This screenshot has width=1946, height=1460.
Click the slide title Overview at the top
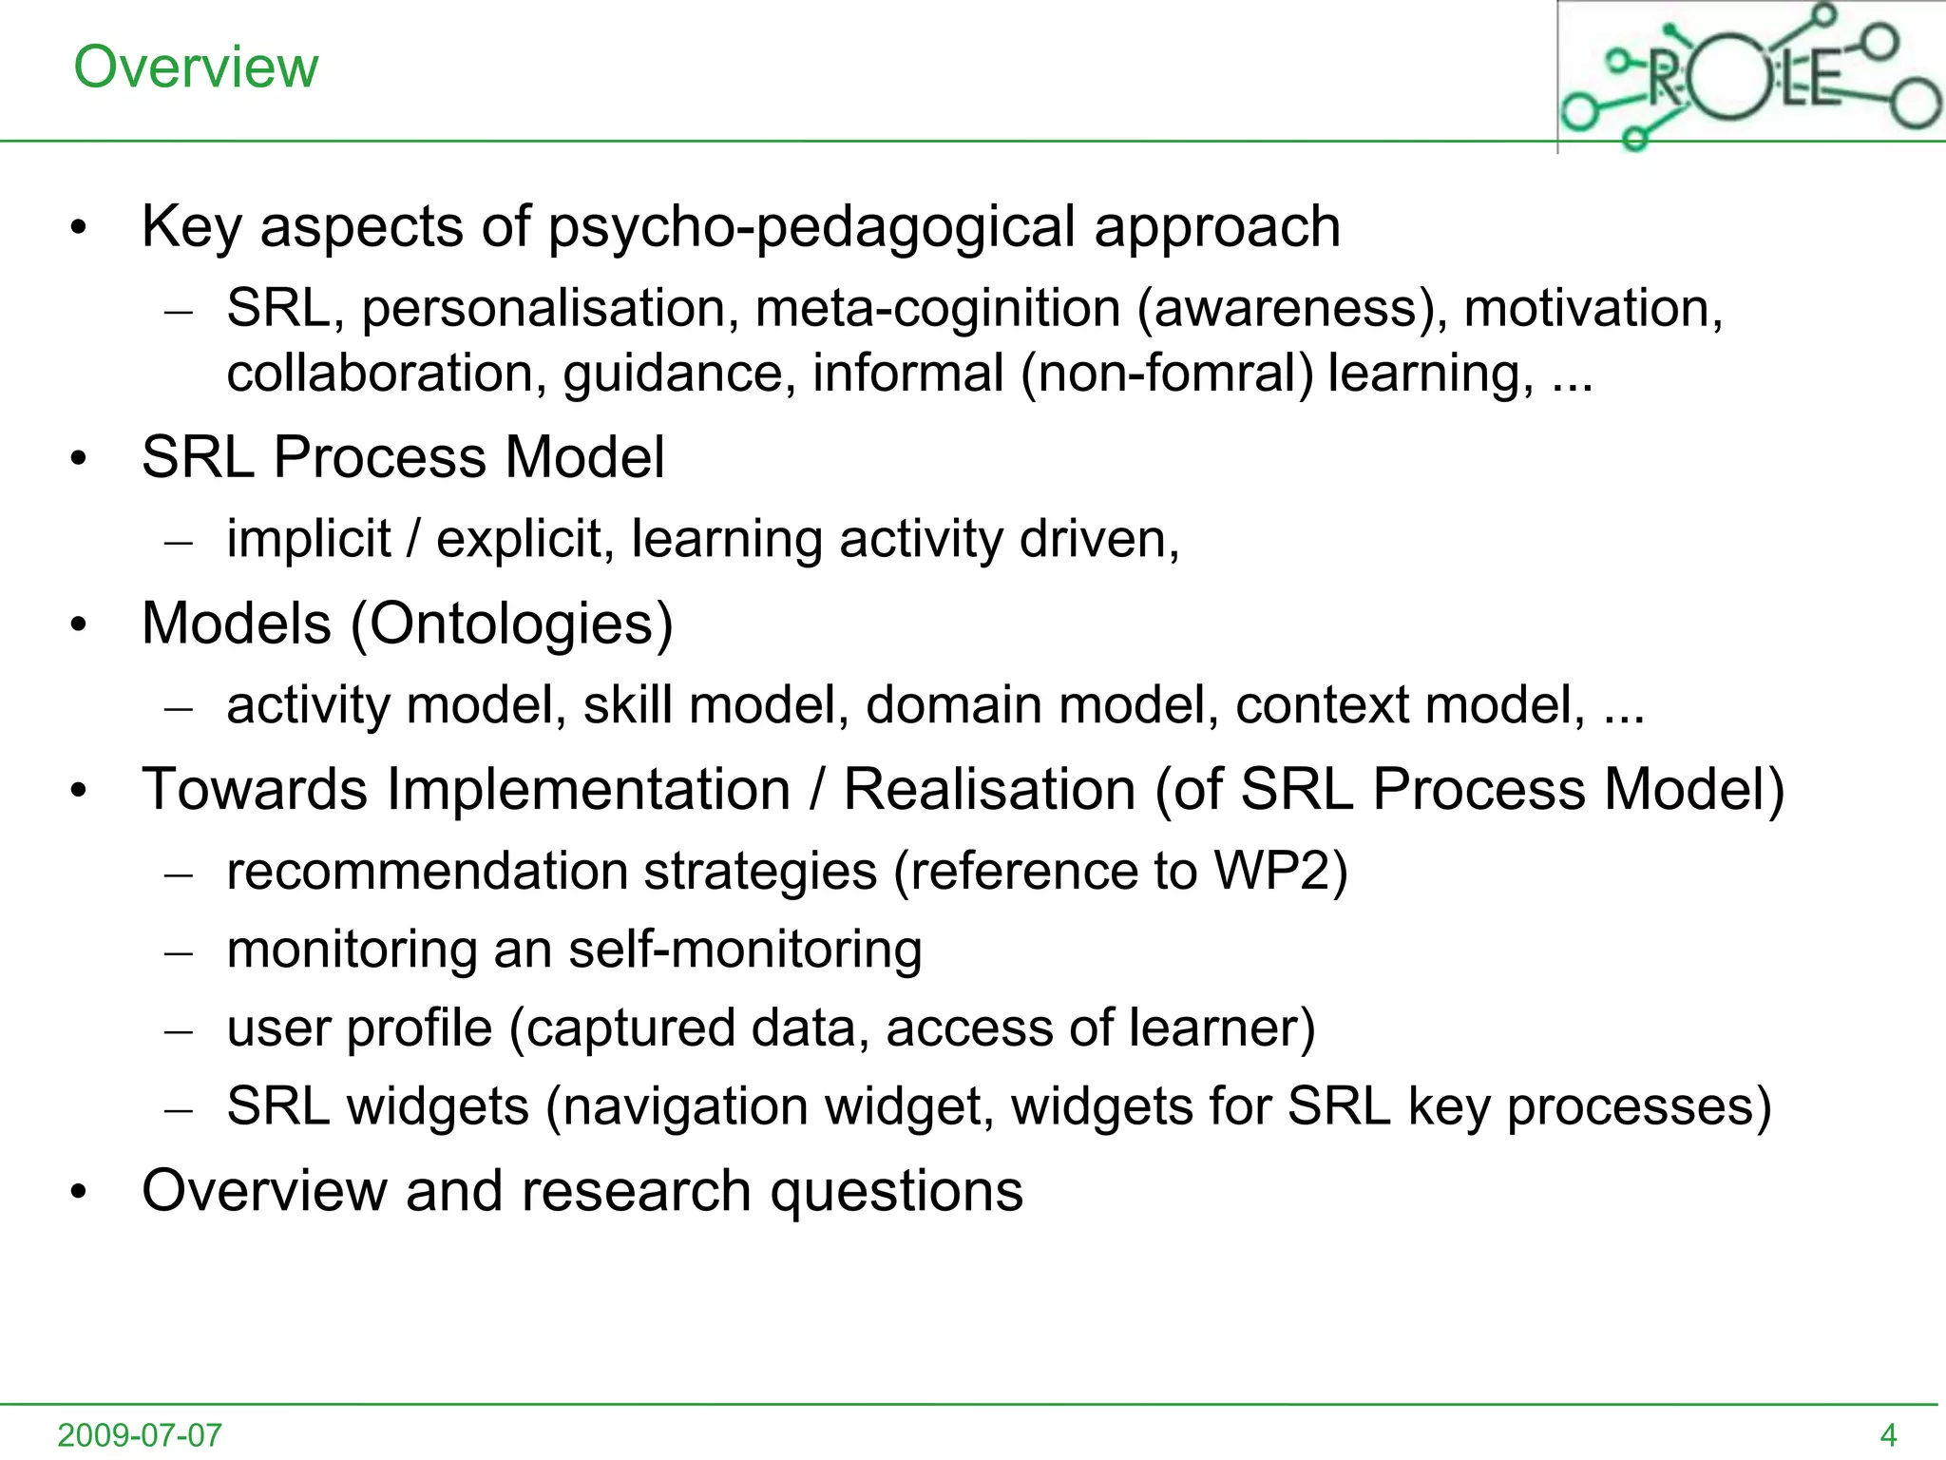(196, 67)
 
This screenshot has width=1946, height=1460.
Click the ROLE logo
(1750, 76)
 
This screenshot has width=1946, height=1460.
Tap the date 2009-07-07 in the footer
(140, 1434)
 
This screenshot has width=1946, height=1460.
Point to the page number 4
(1888, 1434)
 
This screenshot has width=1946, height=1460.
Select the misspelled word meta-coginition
(937, 310)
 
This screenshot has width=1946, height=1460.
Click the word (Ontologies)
(512, 624)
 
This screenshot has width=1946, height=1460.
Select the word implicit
(308, 539)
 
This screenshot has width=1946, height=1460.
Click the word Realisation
(989, 790)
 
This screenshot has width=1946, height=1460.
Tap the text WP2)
(1280, 872)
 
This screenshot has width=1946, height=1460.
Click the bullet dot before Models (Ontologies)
(79, 625)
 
